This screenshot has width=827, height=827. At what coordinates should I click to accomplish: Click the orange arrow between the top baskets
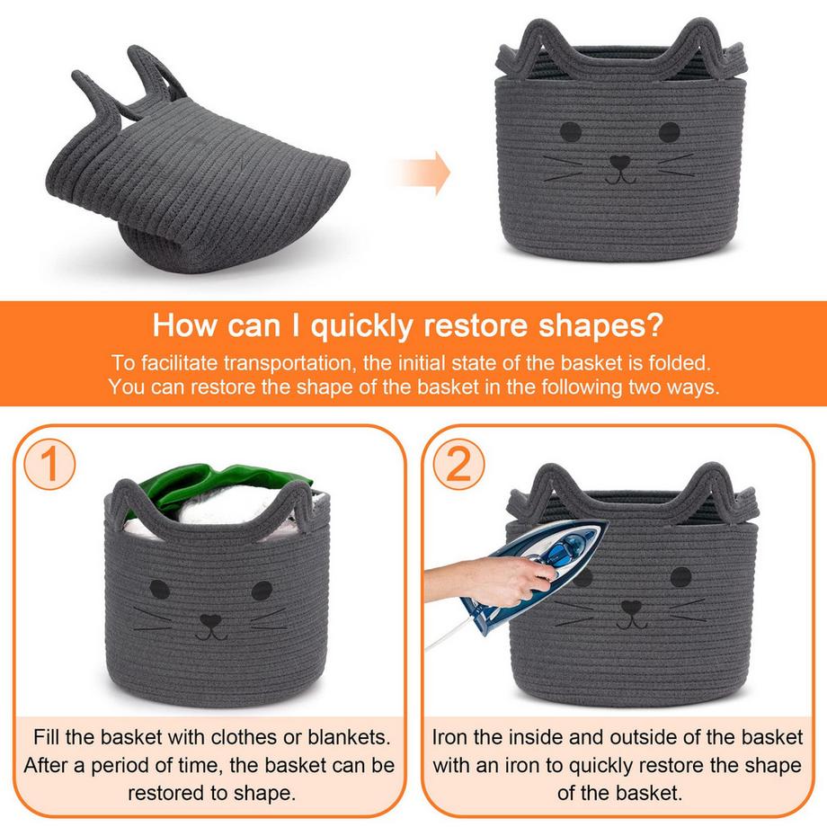point(422,173)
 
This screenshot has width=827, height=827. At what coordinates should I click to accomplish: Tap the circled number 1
point(49,464)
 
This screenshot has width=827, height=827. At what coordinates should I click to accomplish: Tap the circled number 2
point(458,464)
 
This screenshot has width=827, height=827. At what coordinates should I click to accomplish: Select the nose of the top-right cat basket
point(619,162)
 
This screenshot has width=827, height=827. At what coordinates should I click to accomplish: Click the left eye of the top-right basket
point(571,132)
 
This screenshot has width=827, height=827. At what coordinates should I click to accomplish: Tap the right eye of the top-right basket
point(670,132)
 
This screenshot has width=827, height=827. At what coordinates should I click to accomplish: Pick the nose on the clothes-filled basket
point(210,620)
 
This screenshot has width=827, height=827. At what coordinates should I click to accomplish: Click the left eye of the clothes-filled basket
point(160,589)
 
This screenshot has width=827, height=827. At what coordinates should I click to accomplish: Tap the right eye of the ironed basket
point(680,577)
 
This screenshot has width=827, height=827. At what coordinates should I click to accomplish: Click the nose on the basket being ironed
point(631,607)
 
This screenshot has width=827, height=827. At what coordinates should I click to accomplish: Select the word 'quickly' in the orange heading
point(361,326)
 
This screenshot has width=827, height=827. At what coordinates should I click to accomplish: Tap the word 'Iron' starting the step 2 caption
point(449,737)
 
